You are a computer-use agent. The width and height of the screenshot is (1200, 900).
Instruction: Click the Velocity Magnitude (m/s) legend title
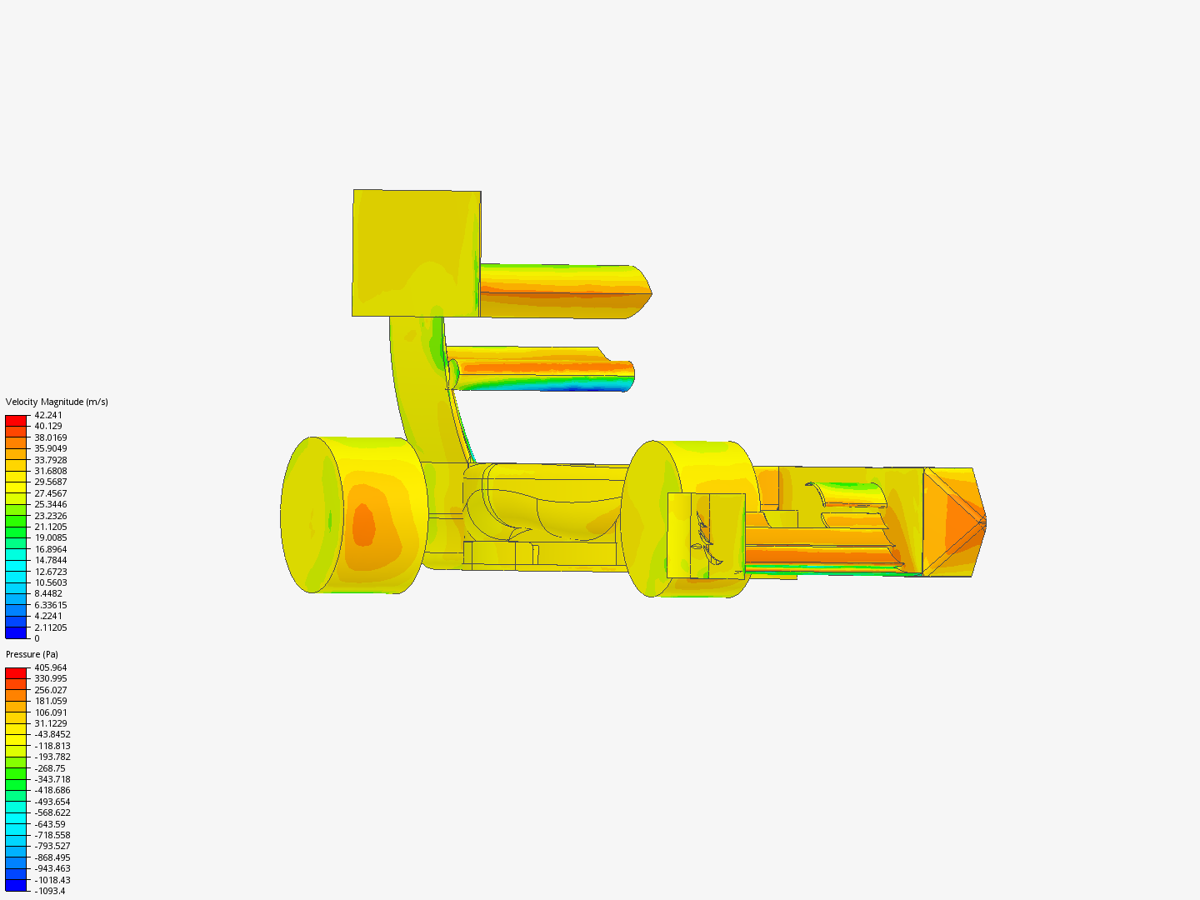click(x=57, y=402)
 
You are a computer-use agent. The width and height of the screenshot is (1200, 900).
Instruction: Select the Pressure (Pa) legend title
click(x=32, y=654)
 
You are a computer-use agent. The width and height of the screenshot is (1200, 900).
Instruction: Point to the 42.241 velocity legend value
click(x=48, y=415)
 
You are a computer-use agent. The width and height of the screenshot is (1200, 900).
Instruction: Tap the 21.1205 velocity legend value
click(x=51, y=527)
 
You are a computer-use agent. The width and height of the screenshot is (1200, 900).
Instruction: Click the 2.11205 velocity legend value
click(x=51, y=627)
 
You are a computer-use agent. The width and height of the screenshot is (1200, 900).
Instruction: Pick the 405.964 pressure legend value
click(x=51, y=667)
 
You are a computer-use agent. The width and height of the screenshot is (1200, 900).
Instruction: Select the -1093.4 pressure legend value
click(x=50, y=891)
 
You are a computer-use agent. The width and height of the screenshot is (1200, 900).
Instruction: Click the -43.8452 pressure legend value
click(x=52, y=734)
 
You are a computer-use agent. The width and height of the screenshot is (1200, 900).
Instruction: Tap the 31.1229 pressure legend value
click(x=51, y=723)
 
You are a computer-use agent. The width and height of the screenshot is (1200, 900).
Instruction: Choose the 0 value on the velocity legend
click(x=37, y=638)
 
